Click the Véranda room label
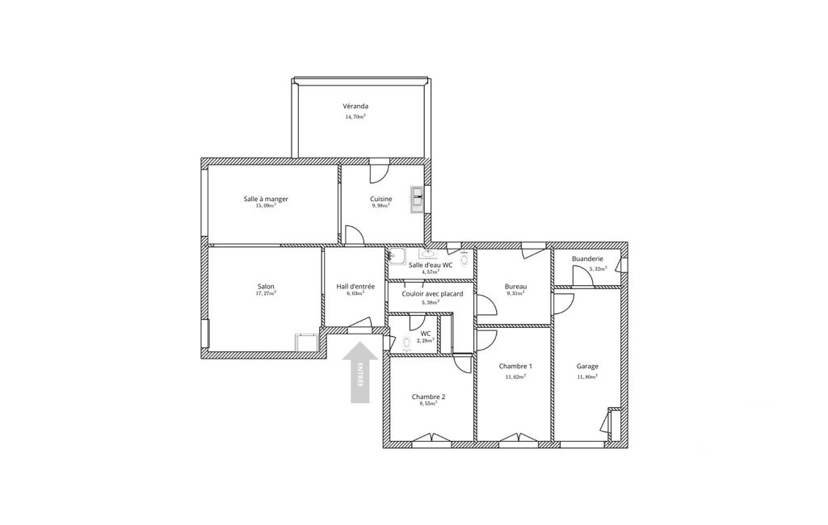355,106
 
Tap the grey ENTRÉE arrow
360,372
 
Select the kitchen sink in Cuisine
417,200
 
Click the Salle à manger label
266,199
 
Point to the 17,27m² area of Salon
266,293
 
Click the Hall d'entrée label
355,286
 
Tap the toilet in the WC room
406,343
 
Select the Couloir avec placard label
432,294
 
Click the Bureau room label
515,287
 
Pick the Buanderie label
587,259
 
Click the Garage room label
587,366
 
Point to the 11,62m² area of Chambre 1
515,376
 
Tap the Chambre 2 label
428,397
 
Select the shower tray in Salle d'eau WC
397,256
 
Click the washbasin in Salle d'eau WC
429,254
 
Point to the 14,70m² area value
355,117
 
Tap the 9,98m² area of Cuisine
380,206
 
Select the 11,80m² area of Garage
587,376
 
